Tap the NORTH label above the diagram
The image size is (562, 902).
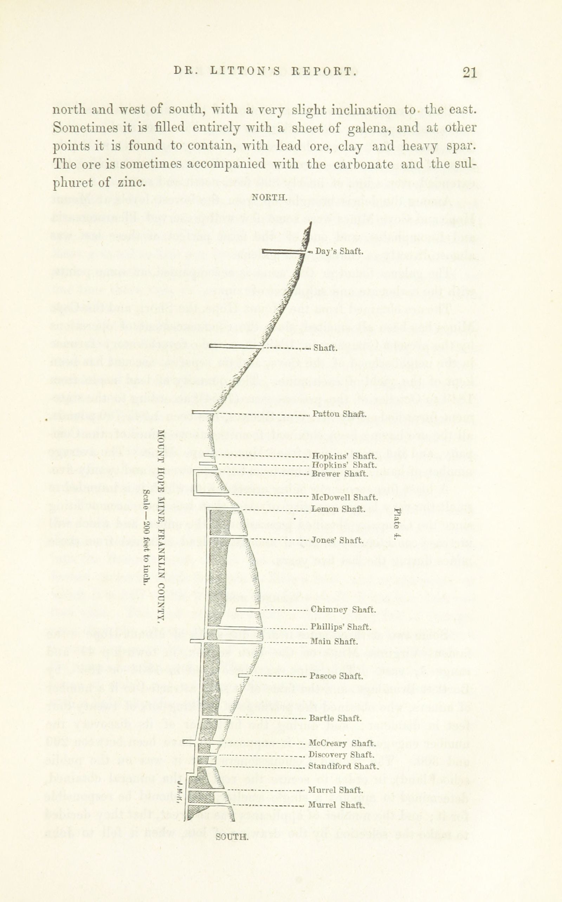(x=270, y=197)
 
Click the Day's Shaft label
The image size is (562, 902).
(x=338, y=251)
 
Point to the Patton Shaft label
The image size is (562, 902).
(x=340, y=414)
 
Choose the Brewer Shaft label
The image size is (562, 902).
(x=340, y=474)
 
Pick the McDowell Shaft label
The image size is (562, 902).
(x=344, y=497)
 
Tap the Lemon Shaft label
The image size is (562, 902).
(x=338, y=509)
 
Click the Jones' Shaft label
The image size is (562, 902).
(x=337, y=540)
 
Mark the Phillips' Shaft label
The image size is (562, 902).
(x=341, y=627)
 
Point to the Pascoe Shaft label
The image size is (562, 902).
(x=336, y=676)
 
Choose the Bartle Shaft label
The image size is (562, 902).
(x=335, y=718)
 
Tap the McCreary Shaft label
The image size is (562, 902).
(x=342, y=743)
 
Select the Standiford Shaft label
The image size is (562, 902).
(x=343, y=766)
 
